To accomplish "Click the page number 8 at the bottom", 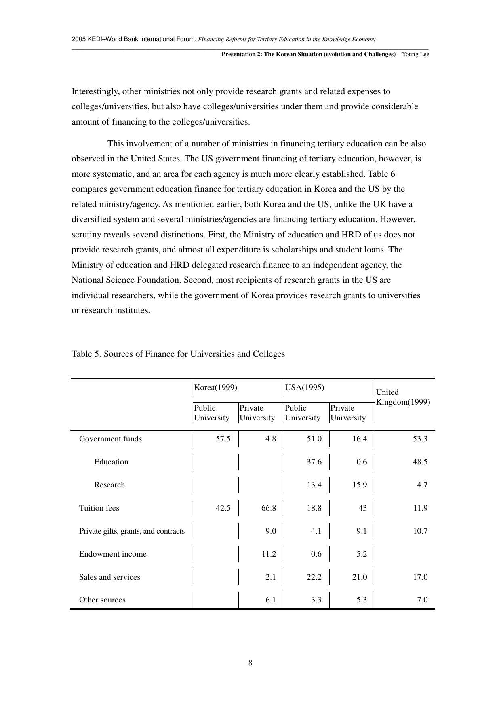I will tap(250, 663).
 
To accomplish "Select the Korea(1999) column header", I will tap(215, 388).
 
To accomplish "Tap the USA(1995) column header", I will tap(305, 388).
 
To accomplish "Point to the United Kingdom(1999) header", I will tap(402, 397).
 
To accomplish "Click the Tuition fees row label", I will tap(99, 508).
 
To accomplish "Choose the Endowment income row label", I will tap(113, 554).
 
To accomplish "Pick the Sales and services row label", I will tap(109, 577).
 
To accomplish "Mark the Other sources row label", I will tap(102, 600).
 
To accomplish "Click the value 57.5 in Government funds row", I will tap(223, 439).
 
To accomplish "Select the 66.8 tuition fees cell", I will tap(269, 508).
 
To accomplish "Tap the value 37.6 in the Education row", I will tap(314, 462).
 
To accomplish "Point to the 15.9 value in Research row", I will tap(359, 485).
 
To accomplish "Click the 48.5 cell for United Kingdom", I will tap(420, 462).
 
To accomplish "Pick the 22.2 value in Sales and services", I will tap(314, 577).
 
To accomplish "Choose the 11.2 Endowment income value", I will tap(269, 554).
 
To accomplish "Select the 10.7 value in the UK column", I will tap(420, 531).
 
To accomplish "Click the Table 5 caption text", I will tap(178, 354).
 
